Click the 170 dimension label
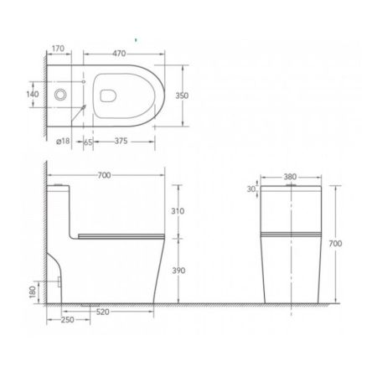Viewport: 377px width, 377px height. [58, 49]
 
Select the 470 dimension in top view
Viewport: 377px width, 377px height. [119, 54]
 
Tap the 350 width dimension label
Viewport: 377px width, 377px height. [182, 96]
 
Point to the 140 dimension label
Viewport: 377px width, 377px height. [33, 94]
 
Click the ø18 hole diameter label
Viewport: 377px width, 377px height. [63, 141]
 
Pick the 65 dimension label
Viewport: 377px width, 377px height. [88, 142]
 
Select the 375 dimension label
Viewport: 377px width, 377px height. [121, 141]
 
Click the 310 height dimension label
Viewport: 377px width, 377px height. [178, 211]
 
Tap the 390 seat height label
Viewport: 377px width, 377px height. [178, 271]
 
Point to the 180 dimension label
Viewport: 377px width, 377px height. [33, 292]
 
